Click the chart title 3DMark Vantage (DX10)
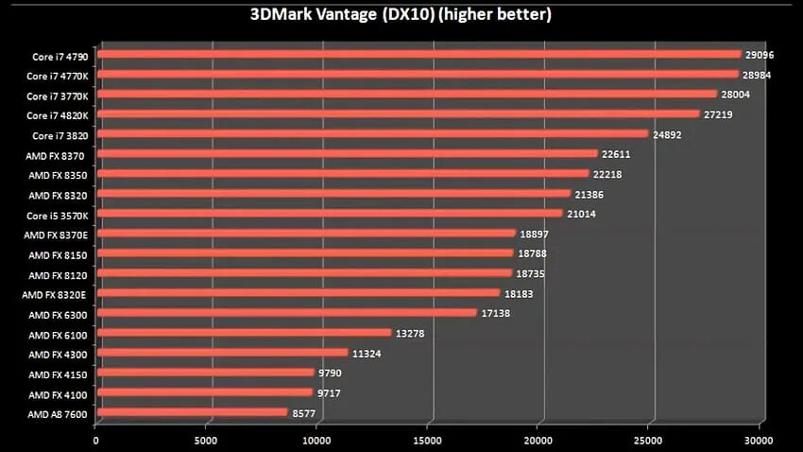(x=401, y=15)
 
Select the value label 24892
(x=667, y=134)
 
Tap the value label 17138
(x=496, y=313)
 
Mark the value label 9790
(x=331, y=373)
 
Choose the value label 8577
(x=304, y=412)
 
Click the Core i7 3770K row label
(x=58, y=96)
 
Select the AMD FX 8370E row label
(x=57, y=235)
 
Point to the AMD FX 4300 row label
(x=59, y=355)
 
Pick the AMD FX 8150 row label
(x=59, y=255)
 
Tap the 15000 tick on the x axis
(x=428, y=439)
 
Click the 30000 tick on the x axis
(x=759, y=439)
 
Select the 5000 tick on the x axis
(x=206, y=439)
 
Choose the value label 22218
(x=607, y=175)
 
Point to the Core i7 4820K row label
(x=58, y=115)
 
